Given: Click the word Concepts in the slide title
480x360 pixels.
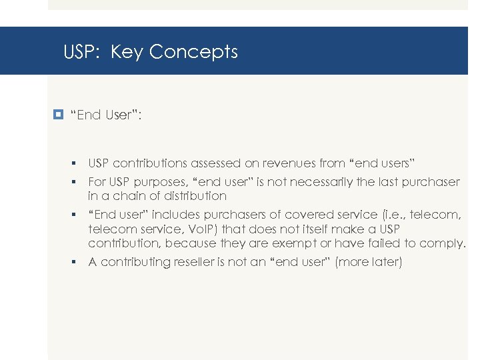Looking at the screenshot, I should click(x=193, y=52).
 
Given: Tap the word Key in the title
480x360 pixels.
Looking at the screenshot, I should click(x=127, y=52).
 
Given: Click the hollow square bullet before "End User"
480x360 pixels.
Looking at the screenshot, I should click(x=61, y=115).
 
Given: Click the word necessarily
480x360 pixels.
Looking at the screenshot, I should click(x=331, y=182).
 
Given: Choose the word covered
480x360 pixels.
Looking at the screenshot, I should click(x=306, y=214).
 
